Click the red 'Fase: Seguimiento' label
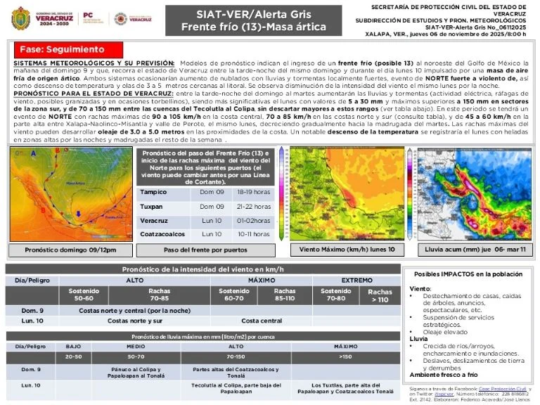[62, 50]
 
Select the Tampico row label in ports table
[153, 192]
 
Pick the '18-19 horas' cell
[252, 192]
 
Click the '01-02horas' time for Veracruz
[252, 220]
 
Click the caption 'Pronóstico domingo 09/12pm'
[70, 250]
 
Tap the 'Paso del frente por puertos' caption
[205, 250]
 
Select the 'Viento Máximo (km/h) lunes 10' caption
[347, 250]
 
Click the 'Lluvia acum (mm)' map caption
[476, 250]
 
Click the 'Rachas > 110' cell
[380, 295]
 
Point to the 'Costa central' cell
[262, 321]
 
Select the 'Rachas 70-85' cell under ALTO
[159, 295]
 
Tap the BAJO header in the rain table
[73, 347]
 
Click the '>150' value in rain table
[345, 356]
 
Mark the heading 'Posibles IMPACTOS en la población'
[468, 274]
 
